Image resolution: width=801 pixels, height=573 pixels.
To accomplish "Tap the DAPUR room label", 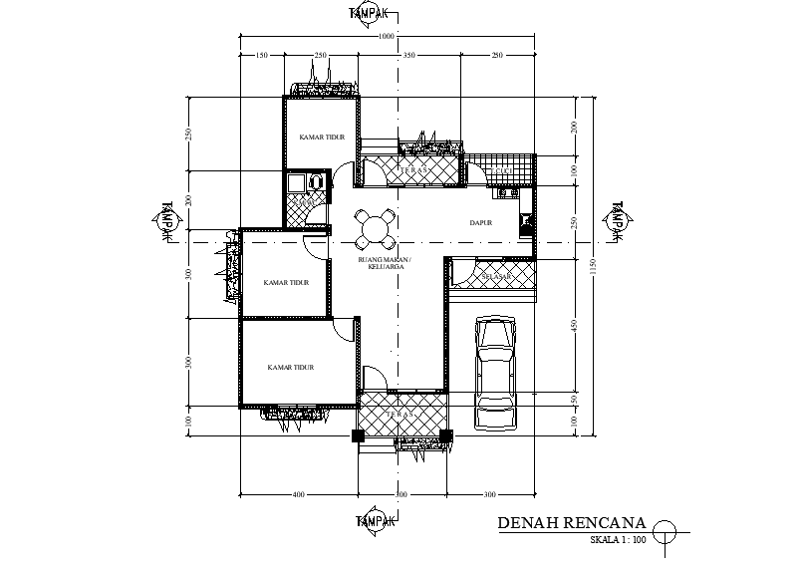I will click(482, 223).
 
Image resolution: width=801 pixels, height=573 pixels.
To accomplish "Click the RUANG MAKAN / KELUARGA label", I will click(384, 263).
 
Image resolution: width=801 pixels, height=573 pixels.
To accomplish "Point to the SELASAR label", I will click(495, 275).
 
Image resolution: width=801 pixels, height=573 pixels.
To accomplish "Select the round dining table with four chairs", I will click(375, 228).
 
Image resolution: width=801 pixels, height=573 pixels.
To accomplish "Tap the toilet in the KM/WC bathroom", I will click(315, 181).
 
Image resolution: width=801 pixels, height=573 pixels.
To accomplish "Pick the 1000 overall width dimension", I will click(388, 37).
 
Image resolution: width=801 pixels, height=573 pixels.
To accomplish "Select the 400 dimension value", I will click(298, 494).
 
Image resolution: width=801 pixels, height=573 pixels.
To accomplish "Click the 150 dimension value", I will click(262, 56).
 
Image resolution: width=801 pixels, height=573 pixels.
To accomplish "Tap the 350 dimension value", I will click(408, 56).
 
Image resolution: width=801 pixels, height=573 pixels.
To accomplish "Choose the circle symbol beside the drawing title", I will click(665, 531).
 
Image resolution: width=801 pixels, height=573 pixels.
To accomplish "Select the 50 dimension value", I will click(574, 399).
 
